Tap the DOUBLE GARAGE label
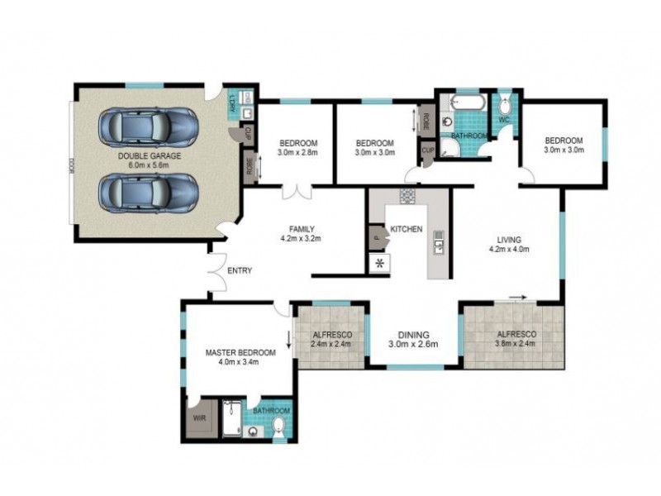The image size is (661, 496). click(149, 155)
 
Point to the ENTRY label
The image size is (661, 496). click(239, 270)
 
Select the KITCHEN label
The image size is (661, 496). click(406, 229)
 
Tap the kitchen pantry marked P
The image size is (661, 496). click(377, 238)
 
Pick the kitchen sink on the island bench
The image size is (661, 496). click(438, 245)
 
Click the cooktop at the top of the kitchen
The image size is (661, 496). click(407, 197)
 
